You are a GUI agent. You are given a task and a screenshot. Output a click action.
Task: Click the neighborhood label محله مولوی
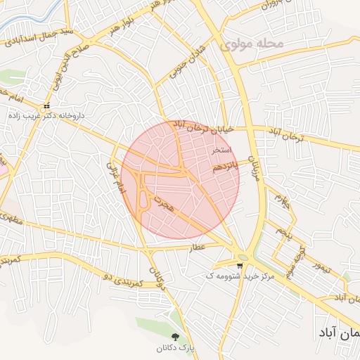point(251,44)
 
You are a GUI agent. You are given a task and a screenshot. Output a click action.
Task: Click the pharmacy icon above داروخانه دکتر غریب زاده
point(46,106)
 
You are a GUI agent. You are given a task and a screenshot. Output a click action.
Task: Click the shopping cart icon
point(240,266)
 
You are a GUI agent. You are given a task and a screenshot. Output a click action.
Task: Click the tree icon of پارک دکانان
point(176,337)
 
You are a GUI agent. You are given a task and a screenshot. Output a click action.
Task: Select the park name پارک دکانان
point(175,347)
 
